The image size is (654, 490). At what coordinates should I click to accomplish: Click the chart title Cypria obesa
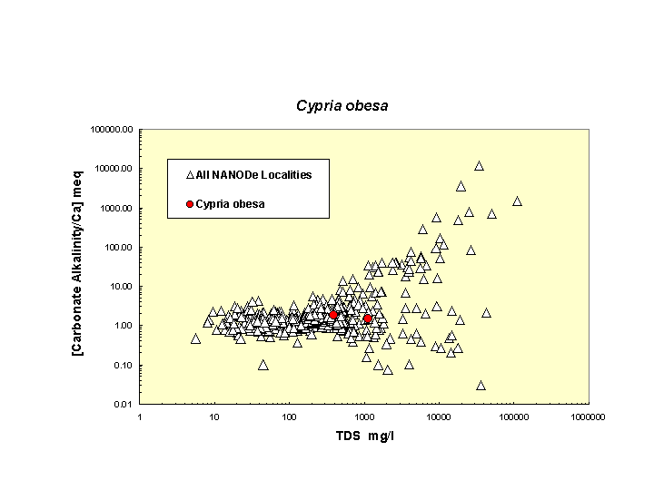342,106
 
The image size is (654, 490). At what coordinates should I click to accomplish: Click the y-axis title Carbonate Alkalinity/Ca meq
79,263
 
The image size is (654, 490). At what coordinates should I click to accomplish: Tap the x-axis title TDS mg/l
364,436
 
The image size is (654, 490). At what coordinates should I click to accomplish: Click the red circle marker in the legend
189,204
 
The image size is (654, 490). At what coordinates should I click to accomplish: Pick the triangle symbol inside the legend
190,174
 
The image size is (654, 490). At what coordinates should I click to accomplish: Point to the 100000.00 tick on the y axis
113,130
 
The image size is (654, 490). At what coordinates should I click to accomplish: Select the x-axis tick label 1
139,416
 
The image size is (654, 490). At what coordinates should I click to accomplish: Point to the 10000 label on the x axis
439,416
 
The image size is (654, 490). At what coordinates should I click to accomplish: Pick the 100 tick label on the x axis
289,416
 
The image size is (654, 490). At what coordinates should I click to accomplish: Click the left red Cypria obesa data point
334,315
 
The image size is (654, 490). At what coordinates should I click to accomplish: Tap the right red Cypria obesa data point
368,319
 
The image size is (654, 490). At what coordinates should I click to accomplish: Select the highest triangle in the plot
479,166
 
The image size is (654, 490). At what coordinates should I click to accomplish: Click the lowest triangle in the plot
481,385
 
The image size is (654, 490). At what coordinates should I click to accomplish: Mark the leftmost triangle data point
195,338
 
